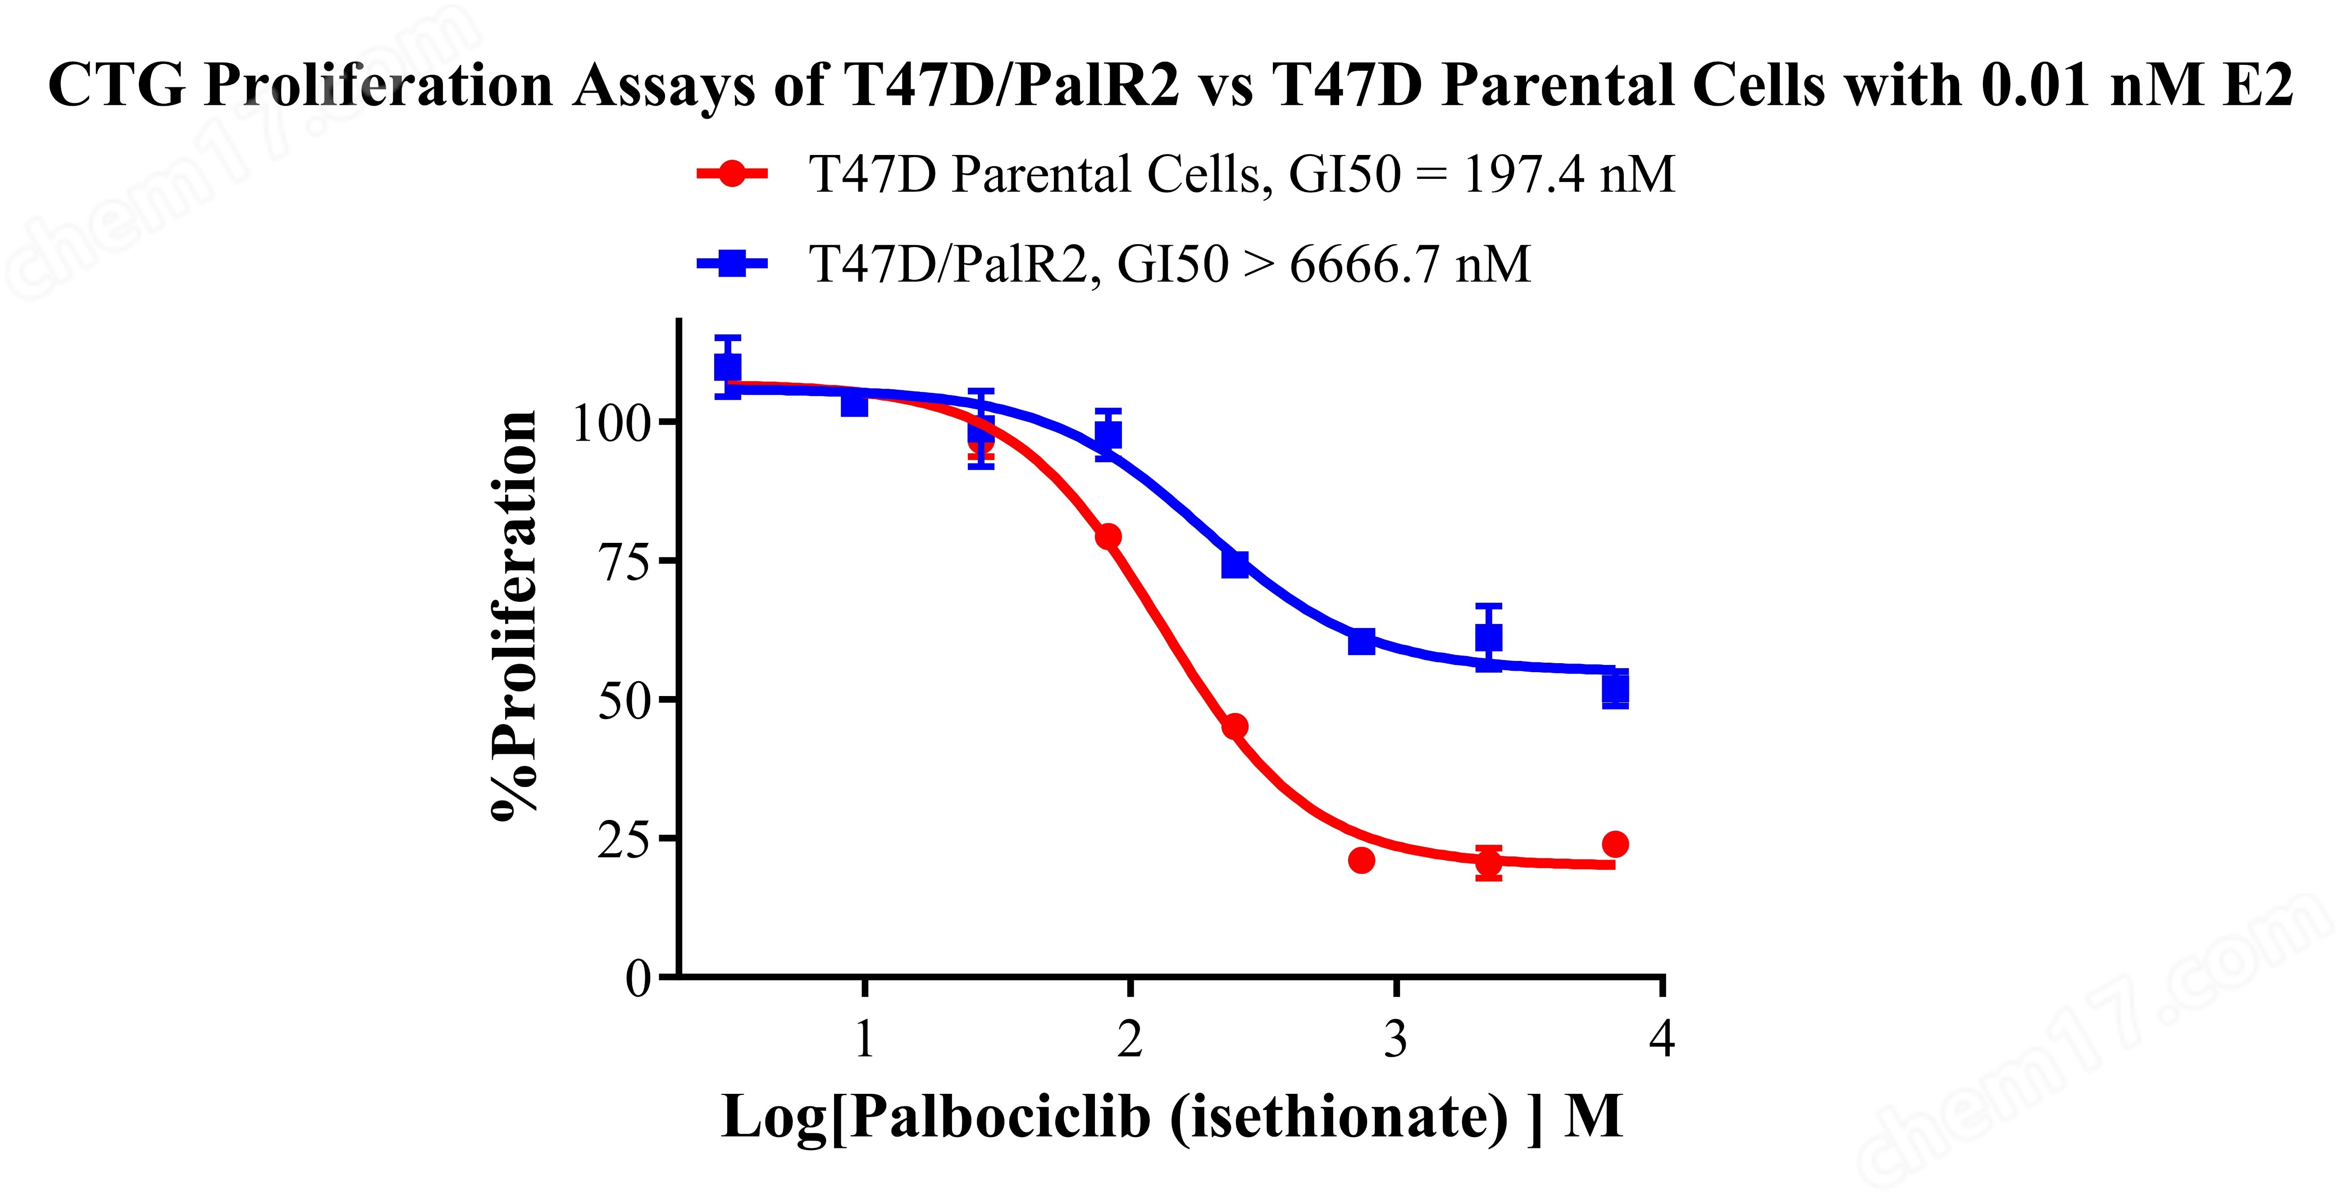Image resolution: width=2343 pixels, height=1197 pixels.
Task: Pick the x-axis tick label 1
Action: point(864,1039)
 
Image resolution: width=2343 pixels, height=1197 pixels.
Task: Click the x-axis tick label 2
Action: point(1130,1039)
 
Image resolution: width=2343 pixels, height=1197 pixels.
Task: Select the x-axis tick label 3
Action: point(1396,1039)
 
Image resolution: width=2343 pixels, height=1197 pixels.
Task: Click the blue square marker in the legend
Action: point(732,264)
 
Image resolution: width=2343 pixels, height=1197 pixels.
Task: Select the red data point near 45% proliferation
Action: point(1234,727)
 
